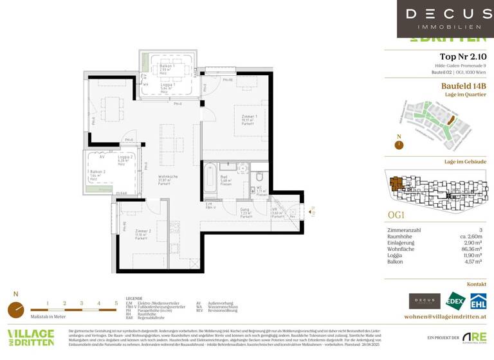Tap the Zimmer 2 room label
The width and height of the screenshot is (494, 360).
coord(142,233)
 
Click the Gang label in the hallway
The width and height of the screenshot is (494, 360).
coord(246,211)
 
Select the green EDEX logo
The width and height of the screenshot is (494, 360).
coord(455,301)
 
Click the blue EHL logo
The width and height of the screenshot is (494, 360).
coord(477,301)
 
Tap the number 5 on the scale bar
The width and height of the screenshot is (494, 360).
coord(116,302)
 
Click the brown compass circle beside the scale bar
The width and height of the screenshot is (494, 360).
coord(16,310)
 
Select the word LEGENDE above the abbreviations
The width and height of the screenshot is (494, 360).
coord(134,299)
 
